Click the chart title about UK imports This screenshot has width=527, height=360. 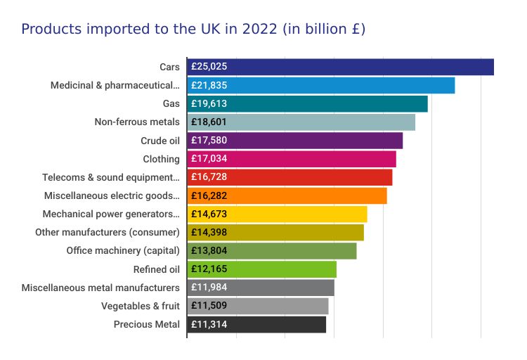193,30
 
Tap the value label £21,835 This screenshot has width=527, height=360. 209,85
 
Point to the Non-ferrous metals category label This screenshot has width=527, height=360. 137,122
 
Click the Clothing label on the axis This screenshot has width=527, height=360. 161,159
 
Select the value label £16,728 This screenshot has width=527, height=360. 209,177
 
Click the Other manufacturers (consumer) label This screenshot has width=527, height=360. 108,233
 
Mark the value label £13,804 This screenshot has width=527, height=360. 209,251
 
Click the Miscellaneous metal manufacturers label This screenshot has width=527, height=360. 100,288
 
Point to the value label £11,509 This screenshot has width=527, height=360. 209,306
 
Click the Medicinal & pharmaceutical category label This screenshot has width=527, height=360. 115,85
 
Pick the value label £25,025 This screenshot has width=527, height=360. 209,67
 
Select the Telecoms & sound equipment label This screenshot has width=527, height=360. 111,177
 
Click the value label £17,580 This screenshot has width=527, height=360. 209,141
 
